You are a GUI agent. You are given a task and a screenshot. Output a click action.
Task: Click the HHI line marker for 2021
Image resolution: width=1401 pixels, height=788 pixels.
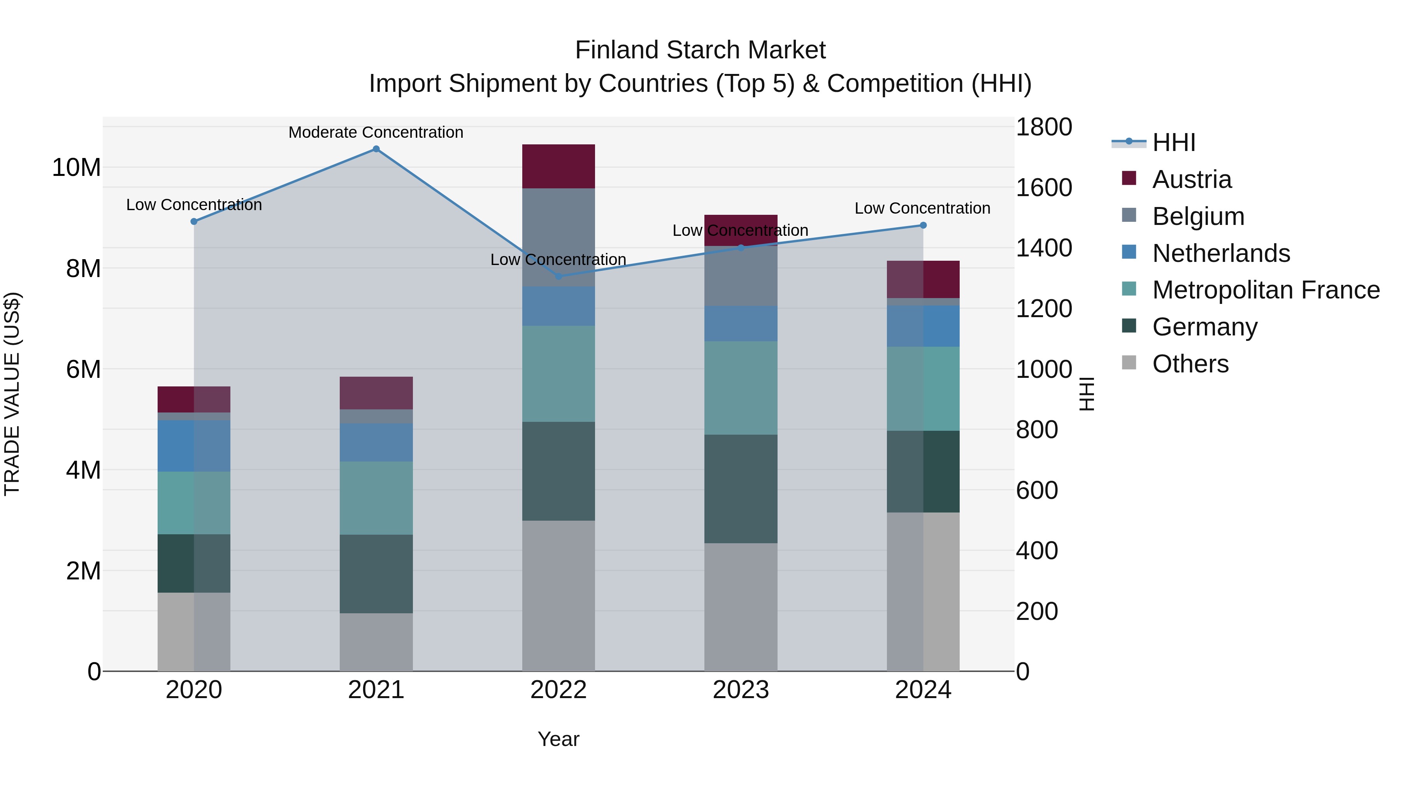376,149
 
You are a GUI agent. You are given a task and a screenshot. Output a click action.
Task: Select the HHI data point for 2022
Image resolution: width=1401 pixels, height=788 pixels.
558,276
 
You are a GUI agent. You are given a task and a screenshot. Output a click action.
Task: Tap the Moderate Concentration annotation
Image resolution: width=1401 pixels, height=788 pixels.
376,132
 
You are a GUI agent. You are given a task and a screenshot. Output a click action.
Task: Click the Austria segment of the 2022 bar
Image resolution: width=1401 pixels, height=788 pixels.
558,167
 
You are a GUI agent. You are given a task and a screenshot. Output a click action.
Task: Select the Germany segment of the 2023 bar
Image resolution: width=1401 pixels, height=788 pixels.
741,488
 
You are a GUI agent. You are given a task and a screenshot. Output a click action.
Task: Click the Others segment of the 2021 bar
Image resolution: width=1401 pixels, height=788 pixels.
376,642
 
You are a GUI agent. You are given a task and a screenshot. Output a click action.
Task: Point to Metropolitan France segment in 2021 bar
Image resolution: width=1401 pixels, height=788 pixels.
376,498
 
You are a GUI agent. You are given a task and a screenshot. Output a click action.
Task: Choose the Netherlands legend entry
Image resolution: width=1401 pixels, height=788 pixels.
1220,253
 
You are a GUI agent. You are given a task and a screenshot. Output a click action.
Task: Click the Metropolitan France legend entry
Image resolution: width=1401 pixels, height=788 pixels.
1266,290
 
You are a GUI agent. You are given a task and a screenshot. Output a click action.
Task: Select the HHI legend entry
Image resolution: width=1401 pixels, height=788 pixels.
1174,142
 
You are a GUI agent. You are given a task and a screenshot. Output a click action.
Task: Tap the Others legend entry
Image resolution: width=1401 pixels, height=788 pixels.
1190,364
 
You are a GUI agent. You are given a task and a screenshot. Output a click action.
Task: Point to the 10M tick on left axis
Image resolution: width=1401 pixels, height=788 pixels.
76,167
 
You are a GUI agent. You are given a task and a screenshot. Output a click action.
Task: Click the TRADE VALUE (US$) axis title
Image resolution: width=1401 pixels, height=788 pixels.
12,394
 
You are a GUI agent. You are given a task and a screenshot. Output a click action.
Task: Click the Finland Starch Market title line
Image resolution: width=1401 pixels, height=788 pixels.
700,50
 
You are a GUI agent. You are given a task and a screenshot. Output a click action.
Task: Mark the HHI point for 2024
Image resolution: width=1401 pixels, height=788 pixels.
923,225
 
